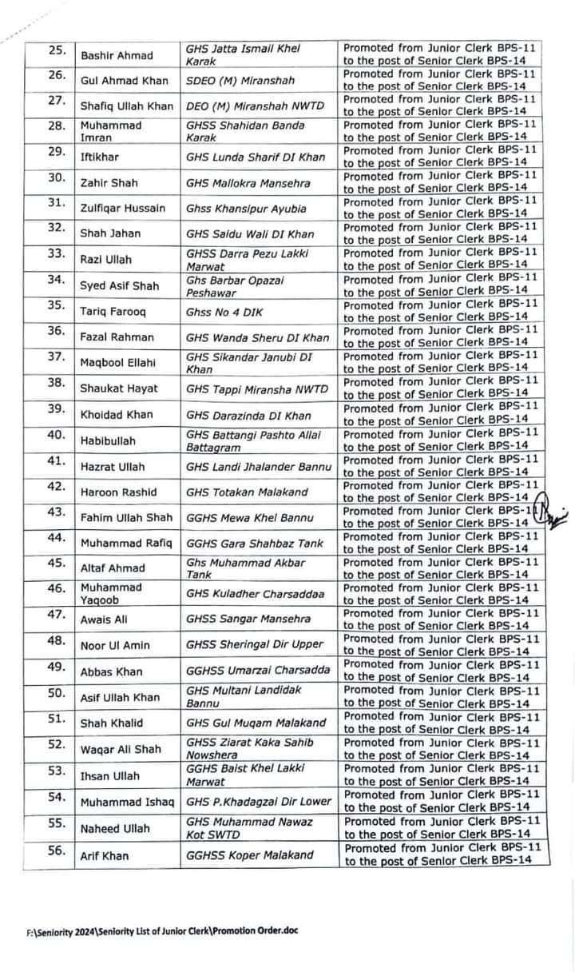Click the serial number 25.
(x=57, y=50)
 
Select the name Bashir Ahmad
(x=115, y=55)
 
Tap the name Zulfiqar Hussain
(x=123, y=208)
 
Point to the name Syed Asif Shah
(x=120, y=285)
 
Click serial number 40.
(x=57, y=435)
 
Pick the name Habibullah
(x=108, y=440)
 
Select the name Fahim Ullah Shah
(x=126, y=518)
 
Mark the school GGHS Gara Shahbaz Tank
(x=254, y=544)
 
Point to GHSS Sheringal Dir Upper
(x=255, y=644)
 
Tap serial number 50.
(x=57, y=692)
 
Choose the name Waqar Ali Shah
(x=121, y=749)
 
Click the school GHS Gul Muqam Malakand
(x=256, y=723)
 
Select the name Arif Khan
(x=105, y=856)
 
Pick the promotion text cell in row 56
(x=445, y=854)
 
